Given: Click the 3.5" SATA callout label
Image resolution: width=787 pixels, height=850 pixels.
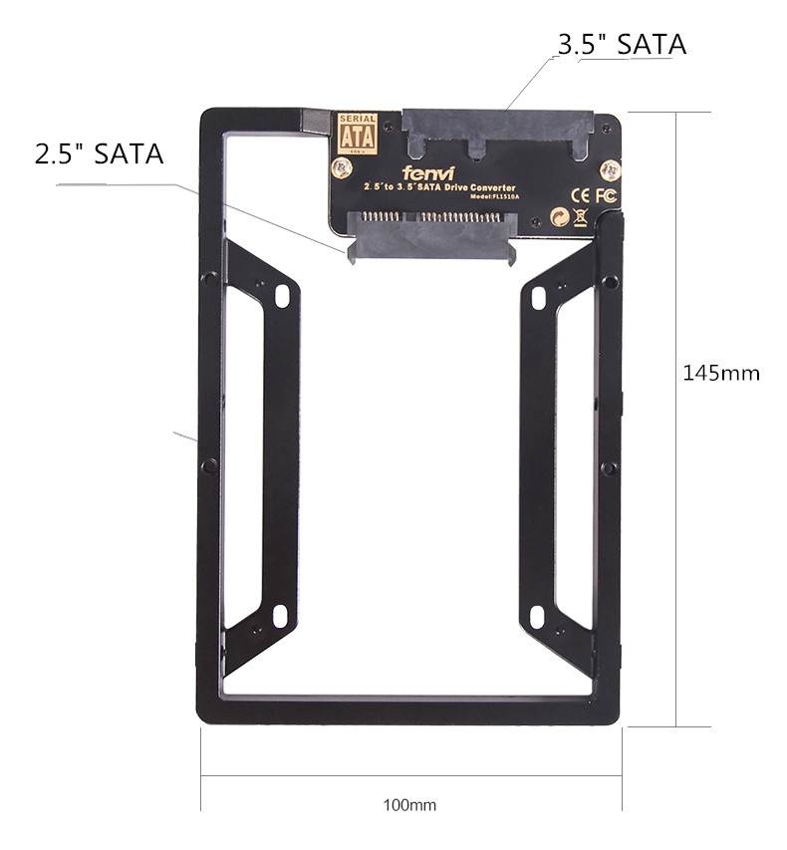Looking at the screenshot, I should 622,45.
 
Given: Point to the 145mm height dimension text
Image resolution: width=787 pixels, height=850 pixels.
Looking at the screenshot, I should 721,373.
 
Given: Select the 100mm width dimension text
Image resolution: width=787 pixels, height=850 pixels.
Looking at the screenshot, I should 410,804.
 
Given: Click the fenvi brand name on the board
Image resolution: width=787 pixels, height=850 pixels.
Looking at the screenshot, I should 429,172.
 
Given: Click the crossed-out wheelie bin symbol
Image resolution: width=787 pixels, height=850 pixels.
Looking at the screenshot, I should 580,216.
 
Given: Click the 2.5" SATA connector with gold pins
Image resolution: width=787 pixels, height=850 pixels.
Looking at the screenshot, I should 429,231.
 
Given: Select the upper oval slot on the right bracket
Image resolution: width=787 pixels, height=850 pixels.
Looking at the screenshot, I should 539,296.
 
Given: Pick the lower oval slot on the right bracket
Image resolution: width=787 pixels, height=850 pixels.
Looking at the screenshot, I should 539,614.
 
